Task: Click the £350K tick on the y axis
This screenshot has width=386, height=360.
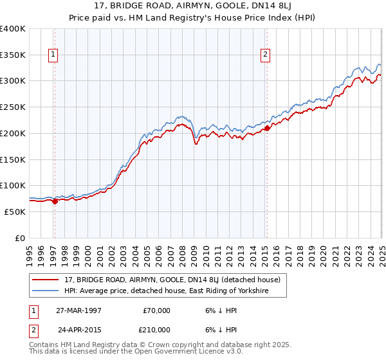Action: coord(12,55)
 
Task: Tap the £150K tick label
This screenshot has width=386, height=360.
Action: coord(12,159)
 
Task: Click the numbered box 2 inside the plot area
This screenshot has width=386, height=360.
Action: coord(265,55)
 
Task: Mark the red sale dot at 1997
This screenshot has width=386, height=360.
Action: coord(55,201)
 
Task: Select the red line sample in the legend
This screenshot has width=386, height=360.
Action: coord(46,280)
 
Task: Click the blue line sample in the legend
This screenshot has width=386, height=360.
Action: coord(46,291)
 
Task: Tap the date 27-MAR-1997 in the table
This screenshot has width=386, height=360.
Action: coord(78,310)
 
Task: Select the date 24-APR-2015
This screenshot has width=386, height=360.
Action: coord(78,330)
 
